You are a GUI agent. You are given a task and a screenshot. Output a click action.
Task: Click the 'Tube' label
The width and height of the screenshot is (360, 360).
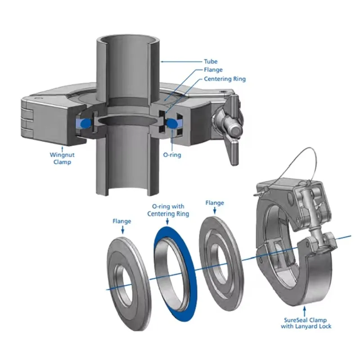[x=211, y=62]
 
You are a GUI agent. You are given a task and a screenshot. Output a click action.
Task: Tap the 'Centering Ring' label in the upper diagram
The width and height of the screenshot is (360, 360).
[x=225, y=79]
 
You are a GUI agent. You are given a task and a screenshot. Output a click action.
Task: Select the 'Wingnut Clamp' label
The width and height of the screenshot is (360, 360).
[x=62, y=158]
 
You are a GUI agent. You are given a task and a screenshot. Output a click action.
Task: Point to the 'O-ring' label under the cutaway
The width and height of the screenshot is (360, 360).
[x=172, y=155]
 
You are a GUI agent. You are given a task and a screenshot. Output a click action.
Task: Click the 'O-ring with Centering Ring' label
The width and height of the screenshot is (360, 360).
[x=168, y=210]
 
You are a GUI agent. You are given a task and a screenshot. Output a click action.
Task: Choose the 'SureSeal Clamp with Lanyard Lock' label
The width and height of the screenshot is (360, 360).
[x=306, y=323]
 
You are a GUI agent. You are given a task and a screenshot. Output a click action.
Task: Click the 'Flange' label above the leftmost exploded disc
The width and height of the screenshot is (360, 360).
[x=121, y=221]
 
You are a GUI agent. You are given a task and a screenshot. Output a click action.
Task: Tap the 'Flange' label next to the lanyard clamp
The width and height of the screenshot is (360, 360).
[x=215, y=203]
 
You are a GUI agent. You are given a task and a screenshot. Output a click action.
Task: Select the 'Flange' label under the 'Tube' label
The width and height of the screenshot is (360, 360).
[x=213, y=70]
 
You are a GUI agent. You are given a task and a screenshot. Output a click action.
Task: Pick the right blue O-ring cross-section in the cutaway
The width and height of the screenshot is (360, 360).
[x=172, y=123]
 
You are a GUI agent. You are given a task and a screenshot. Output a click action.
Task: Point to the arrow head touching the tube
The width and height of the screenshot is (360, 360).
[x=162, y=62]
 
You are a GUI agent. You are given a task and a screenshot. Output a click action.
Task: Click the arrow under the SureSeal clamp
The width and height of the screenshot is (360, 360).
[x=305, y=311]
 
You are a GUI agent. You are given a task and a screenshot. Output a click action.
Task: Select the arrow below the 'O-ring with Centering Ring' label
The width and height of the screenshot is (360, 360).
[x=167, y=221]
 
